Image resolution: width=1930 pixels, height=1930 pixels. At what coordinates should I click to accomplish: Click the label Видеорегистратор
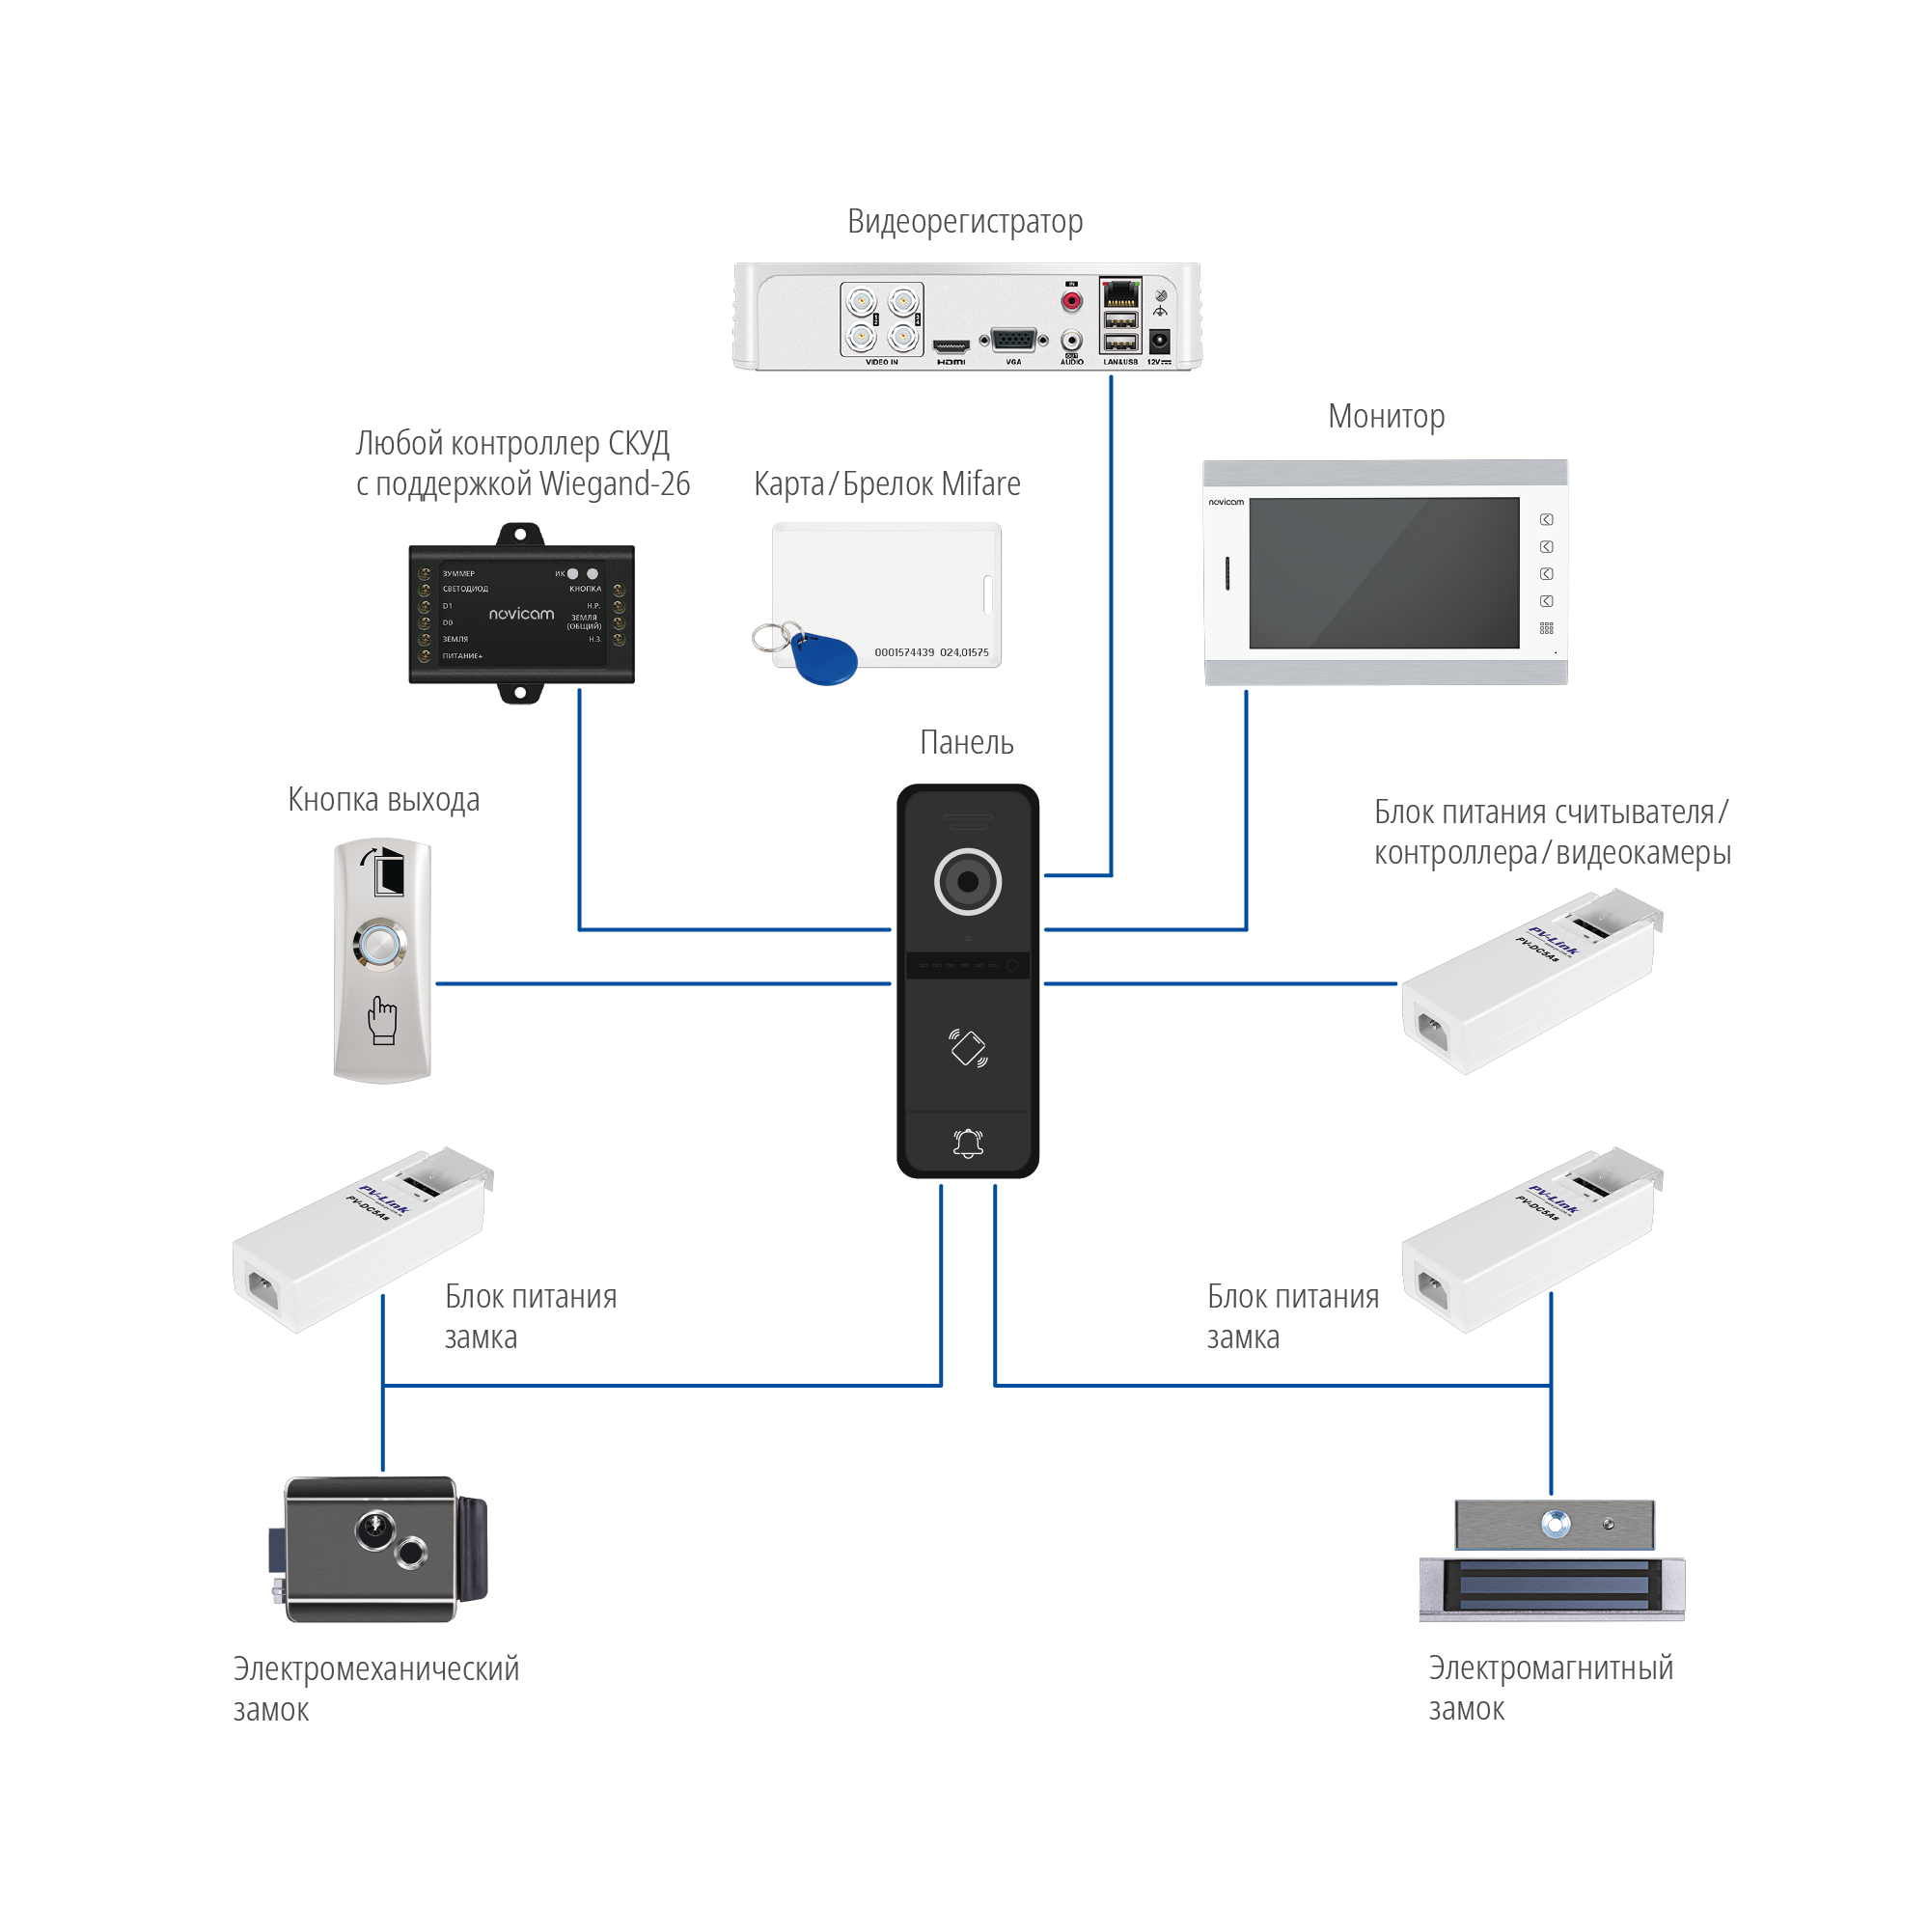[964, 222]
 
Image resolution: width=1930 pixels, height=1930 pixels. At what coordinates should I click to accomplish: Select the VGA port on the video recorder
[1013, 341]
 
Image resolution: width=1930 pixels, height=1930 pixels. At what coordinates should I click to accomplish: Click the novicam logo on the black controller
[520, 614]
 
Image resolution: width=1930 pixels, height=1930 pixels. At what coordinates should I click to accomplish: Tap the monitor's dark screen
[1384, 572]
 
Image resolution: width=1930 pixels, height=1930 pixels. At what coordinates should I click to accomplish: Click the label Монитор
[1386, 417]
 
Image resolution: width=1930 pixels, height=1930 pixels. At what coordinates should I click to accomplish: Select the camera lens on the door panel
[967, 881]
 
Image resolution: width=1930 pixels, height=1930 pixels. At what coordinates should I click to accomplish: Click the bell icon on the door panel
[967, 1143]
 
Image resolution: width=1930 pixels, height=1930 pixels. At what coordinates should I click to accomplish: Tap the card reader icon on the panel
[967, 1047]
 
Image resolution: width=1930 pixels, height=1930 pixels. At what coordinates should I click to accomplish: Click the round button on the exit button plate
[379, 944]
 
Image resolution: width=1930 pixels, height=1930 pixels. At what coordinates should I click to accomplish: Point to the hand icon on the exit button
[382, 1020]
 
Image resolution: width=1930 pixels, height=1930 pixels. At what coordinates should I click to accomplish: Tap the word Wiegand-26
[615, 484]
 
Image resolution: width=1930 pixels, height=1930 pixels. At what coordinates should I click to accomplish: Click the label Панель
[966, 743]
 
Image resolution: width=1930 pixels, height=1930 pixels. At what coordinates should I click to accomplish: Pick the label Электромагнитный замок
[1550, 1688]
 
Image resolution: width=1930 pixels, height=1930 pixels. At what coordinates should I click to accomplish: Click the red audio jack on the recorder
[1071, 300]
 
